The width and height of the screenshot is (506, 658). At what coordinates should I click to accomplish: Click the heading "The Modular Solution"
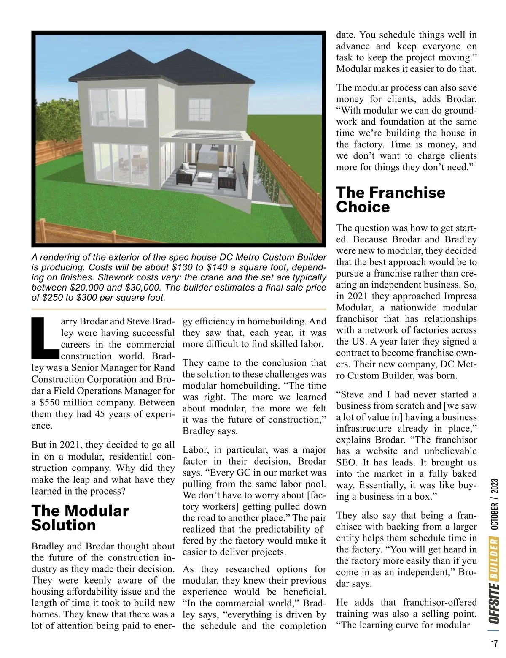tap(80, 518)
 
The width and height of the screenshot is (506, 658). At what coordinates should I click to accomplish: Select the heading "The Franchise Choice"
tap(390, 200)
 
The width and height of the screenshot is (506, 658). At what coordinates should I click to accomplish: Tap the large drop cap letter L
tap(44, 334)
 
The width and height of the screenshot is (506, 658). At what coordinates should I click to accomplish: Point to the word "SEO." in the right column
tap(345, 462)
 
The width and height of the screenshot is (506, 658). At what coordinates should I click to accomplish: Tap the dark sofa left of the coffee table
tap(187, 173)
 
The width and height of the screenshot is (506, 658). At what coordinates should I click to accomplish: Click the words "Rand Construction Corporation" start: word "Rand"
tap(163, 368)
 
